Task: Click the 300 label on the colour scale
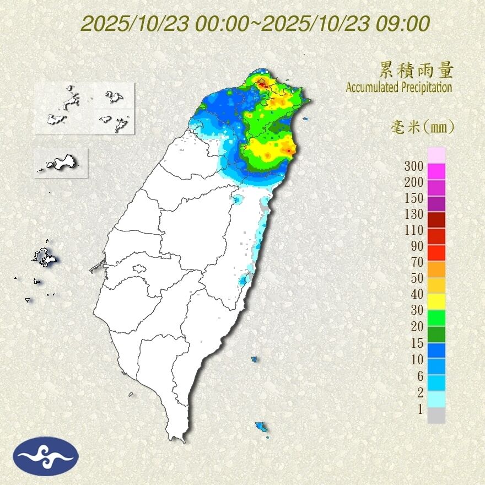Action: (x=414, y=166)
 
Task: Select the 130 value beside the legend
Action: (x=414, y=214)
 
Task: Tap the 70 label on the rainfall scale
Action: (x=417, y=262)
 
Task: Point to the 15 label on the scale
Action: (x=417, y=343)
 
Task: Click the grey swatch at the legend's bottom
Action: (x=436, y=415)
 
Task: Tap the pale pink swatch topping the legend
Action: (x=436, y=155)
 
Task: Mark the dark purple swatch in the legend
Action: (x=436, y=204)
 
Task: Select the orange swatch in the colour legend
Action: (x=436, y=269)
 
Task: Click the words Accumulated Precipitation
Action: (x=399, y=87)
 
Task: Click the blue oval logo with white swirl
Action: (x=46, y=456)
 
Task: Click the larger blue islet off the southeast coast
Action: (x=261, y=427)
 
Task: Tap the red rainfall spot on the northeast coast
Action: (x=288, y=150)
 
